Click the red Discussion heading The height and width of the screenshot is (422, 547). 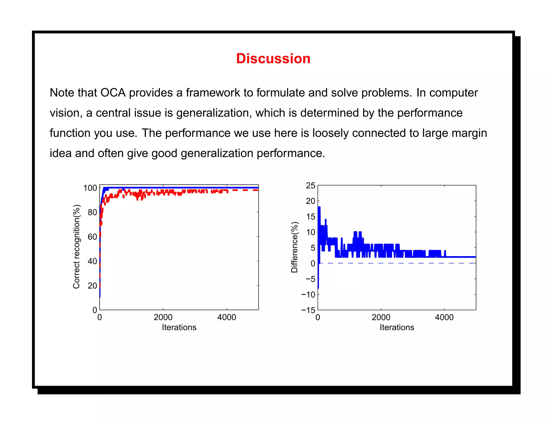coord(273,58)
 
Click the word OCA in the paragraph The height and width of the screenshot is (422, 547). coord(113,93)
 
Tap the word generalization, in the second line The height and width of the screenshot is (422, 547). coord(214,113)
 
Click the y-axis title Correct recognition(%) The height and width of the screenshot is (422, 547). coord(76,247)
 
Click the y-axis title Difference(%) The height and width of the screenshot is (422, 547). coord(294,247)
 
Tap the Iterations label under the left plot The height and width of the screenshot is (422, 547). coord(179,327)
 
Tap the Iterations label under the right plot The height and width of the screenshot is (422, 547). coord(397,327)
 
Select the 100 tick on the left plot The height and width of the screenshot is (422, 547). coord(90,188)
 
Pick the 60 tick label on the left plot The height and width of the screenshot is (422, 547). coord(92,237)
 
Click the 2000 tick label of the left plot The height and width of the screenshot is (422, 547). coord(163,317)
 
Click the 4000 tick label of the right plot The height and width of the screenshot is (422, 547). coord(444,317)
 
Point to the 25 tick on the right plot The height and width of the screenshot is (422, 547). coord(311,186)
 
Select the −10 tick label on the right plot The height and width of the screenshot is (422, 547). coord(308,295)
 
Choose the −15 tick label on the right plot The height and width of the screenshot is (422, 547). coord(308,310)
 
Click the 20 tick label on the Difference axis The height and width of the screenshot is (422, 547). coord(311,201)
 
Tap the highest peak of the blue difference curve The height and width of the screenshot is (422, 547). coord(319,208)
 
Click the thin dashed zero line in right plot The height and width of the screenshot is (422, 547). coord(401,263)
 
